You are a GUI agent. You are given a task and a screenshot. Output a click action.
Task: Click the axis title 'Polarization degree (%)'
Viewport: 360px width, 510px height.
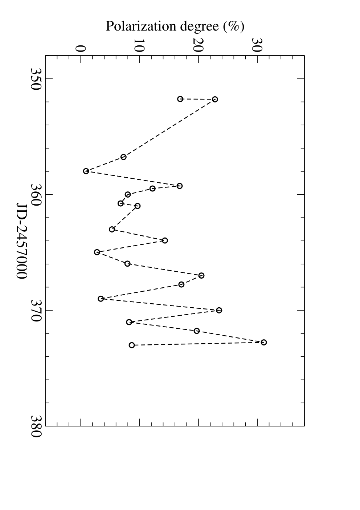tap(175, 27)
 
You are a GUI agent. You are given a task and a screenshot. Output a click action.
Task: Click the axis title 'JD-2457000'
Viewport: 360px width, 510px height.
tap(22, 241)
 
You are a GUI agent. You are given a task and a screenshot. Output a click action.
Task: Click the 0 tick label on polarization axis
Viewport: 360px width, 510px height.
tap(81, 49)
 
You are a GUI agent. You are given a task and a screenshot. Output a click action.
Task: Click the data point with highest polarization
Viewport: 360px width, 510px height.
tap(263, 342)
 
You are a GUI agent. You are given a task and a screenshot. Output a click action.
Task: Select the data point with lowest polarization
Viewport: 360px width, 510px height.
tap(86, 171)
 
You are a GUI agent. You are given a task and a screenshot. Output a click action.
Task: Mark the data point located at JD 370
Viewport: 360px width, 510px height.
tap(219, 310)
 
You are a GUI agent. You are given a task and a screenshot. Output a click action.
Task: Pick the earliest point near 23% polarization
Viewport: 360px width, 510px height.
tap(215, 99)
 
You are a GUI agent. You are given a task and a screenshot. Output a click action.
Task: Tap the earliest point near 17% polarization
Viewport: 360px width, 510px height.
tap(180, 99)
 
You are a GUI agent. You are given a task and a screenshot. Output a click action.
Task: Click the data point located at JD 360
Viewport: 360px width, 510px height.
tap(128, 194)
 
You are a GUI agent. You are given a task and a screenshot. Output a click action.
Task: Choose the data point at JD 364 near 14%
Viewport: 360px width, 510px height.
tap(165, 240)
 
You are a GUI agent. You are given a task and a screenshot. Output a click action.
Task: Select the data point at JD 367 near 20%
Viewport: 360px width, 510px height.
tap(201, 275)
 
